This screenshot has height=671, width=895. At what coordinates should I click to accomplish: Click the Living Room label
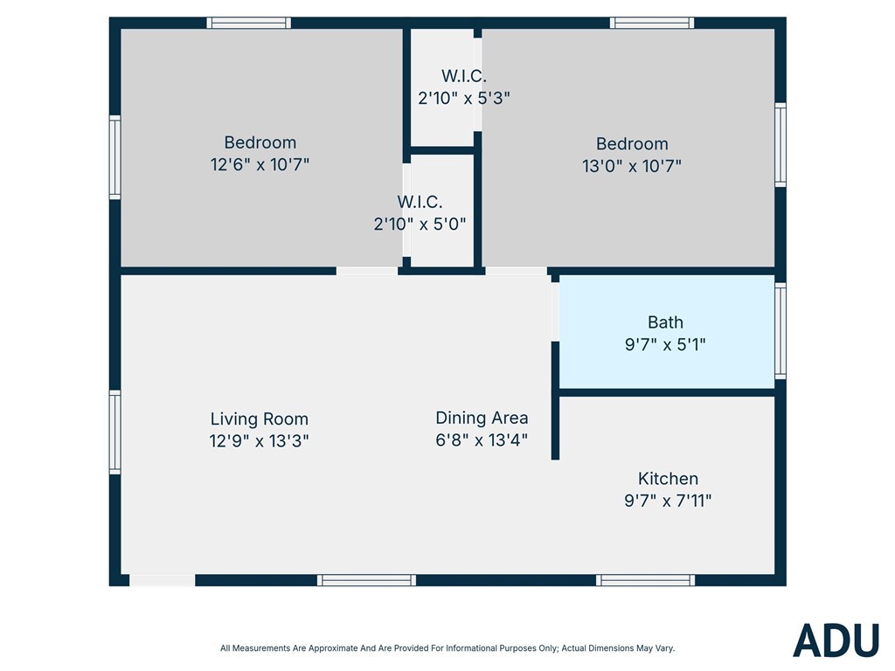(x=259, y=419)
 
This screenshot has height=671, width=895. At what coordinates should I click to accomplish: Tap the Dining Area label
(x=482, y=419)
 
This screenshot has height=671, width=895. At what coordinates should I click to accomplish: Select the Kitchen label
(x=668, y=479)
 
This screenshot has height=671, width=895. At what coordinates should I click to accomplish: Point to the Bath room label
(x=665, y=322)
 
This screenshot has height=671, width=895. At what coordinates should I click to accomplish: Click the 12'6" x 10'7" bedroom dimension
(x=260, y=165)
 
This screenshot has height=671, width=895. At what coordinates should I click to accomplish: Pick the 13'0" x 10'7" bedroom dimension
(x=632, y=166)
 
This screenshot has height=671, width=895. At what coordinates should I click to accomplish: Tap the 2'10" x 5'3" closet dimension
(x=463, y=98)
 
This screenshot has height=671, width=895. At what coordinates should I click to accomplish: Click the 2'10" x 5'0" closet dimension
(x=420, y=225)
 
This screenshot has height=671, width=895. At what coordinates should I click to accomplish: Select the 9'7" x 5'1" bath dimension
(x=665, y=344)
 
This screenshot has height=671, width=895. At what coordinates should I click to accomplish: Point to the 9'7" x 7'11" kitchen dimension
(x=668, y=501)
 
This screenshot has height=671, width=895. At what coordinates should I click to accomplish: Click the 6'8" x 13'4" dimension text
(x=482, y=440)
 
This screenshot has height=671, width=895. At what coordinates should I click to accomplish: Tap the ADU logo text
(x=836, y=640)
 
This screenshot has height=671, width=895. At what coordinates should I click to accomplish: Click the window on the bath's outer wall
(x=781, y=331)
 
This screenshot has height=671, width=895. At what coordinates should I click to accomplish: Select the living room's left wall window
(x=114, y=432)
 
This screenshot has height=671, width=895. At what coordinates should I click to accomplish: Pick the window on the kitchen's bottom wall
(x=646, y=580)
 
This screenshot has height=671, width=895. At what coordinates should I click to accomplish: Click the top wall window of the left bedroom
(x=248, y=23)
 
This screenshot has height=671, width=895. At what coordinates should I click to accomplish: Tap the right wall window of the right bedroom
(x=781, y=145)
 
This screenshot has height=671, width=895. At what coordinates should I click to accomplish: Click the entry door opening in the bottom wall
(x=162, y=580)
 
